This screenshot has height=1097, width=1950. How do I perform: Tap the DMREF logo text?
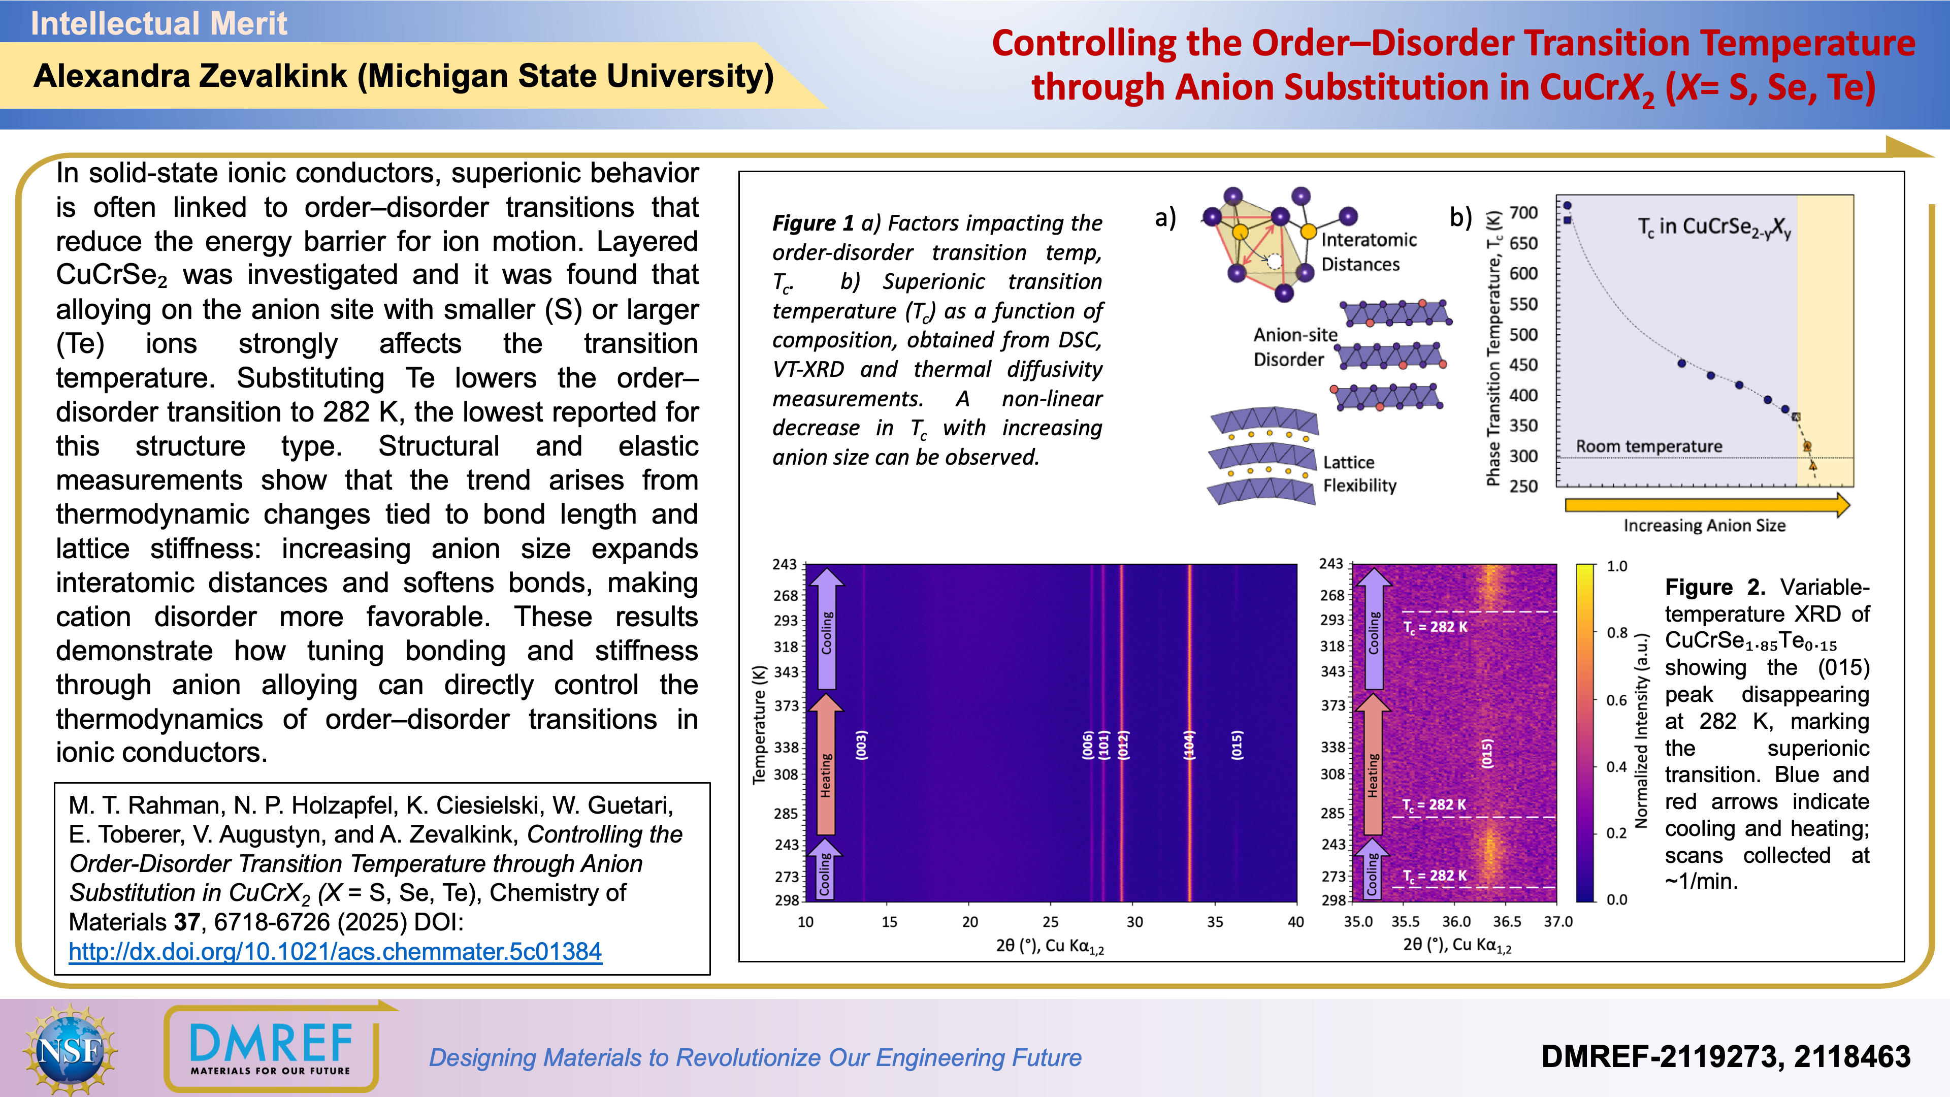click(x=271, y=1045)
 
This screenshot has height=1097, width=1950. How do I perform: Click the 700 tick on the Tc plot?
click(x=1523, y=213)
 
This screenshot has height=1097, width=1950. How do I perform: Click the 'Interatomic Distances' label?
click(x=1368, y=252)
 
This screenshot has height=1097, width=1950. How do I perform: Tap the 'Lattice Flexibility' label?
click(x=1359, y=474)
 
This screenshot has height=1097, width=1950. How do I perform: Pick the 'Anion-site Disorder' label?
click(x=1294, y=347)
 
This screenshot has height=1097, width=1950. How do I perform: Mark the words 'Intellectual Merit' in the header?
click(x=159, y=23)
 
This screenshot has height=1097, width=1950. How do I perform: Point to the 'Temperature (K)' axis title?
click(x=759, y=725)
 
